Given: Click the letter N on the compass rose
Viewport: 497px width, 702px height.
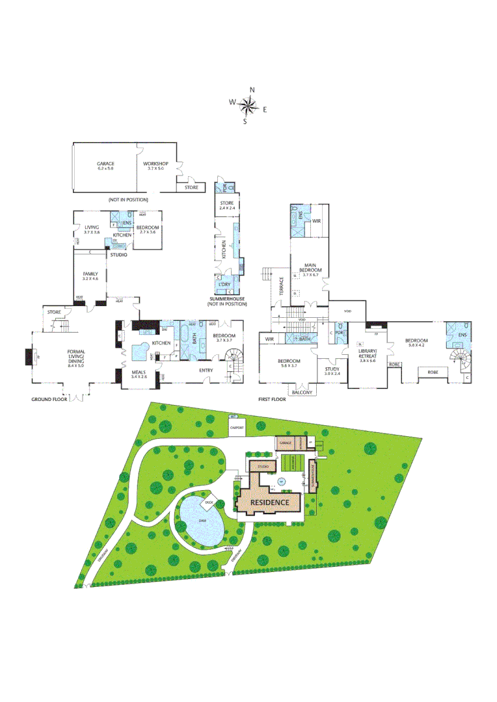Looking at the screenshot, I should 252,90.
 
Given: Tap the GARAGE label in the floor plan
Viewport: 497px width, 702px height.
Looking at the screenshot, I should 105,163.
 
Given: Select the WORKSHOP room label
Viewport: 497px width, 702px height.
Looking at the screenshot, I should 156,163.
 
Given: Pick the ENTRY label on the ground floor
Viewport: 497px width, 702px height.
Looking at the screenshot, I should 206,370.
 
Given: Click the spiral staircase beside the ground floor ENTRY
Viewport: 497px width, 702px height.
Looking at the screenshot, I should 232,356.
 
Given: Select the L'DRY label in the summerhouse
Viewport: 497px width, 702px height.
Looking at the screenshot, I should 224,285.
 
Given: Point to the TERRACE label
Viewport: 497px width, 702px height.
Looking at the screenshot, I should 282,287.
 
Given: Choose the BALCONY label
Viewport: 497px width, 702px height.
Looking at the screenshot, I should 302,392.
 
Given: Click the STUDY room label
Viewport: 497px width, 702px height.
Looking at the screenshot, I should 332,370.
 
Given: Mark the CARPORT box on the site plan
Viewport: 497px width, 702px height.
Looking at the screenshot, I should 237,428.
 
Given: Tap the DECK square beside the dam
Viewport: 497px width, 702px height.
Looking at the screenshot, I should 209,502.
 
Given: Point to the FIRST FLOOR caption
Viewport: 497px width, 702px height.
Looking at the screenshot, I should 273,399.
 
